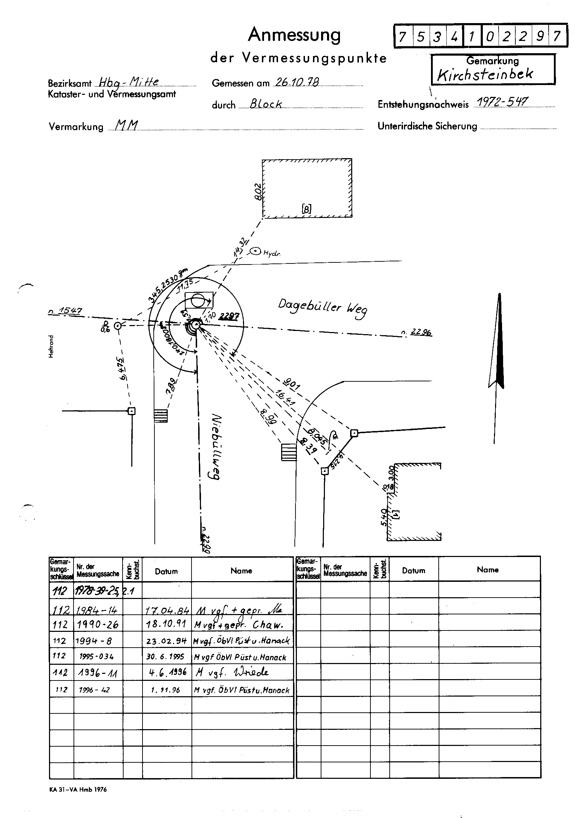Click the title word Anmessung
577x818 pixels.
[x=294, y=35]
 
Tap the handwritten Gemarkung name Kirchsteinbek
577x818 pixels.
[x=485, y=74]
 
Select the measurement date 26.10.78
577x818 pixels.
[x=296, y=83]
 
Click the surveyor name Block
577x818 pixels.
[x=266, y=104]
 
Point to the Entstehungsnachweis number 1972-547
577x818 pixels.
[x=502, y=102]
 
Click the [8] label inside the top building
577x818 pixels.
[x=306, y=209]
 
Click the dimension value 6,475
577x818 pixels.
[x=122, y=369]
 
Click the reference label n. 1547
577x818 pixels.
[x=65, y=311]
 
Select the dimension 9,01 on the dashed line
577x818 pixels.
[x=292, y=384]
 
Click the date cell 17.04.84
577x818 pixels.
[x=167, y=611]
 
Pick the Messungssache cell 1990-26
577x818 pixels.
[x=97, y=625]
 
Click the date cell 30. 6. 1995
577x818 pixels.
[x=166, y=657]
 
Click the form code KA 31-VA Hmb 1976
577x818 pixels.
[x=78, y=790]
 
